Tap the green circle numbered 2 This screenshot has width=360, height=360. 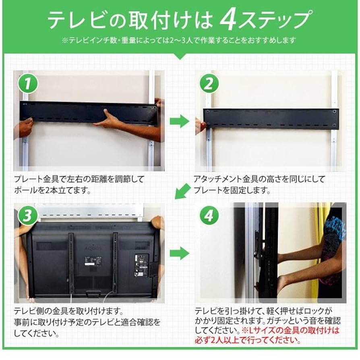tap(209, 85)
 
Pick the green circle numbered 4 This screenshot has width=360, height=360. tap(209, 217)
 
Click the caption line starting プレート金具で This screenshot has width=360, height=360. tap(79, 179)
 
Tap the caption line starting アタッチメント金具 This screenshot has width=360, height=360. tap(259, 179)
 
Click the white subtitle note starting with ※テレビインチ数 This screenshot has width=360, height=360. tap(180, 40)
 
